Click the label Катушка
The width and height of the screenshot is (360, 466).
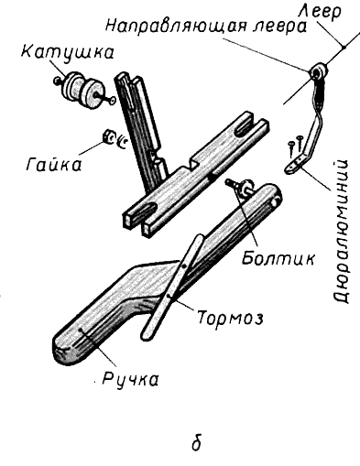point(68,52)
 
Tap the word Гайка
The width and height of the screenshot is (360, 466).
point(54,165)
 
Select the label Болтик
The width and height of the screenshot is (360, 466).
point(278,258)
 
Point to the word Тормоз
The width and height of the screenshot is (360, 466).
point(230,318)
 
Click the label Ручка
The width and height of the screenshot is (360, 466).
point(130,379)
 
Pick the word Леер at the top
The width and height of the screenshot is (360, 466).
point(320,12)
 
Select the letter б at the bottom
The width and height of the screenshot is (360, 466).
point(197,442)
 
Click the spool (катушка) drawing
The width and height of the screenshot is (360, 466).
point(83,90)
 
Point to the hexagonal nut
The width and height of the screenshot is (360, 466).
point(108,136)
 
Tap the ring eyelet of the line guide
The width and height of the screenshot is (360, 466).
point(318,71)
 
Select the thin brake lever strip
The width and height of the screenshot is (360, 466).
point(172,287)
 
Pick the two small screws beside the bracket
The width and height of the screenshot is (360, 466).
point(295,144)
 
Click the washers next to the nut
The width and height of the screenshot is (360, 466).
point(120,140)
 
